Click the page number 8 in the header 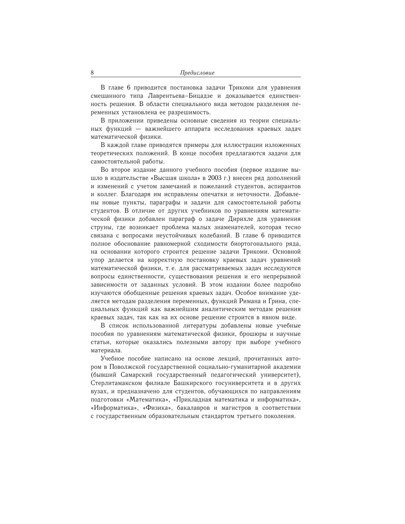[x=92, y=73]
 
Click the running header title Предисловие [x=197, y=73]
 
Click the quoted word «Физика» [x=158, y=408]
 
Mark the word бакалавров [x=193, y=408]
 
